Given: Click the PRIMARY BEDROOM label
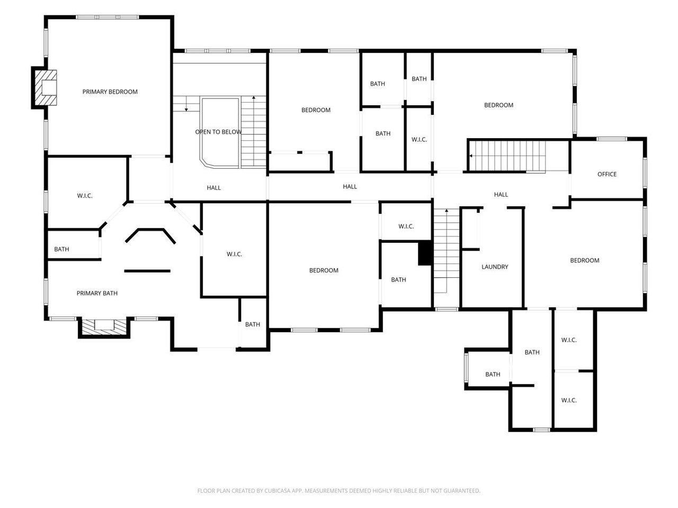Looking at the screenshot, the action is pyautogui.click(x=110, y=92).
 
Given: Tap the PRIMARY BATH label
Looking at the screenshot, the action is pyautogui.click(x=97, y=293).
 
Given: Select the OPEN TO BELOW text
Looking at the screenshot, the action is pyautogui.click(x=218, y=132).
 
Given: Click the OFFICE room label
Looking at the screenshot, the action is pyautogui.click(x=606, y=174).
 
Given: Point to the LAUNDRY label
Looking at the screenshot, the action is pyautogui.click(x=495, y=267).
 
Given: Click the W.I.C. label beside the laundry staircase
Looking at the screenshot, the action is pyautogui.click(x=406, y=226).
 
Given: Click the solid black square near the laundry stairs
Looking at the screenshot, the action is pyautogui.click(x=425, y=252).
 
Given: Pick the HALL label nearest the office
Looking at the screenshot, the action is pyautogui.click(x=501, y=195).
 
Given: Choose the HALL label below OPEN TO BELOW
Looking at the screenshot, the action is pyautogui.click(x=214, y=188).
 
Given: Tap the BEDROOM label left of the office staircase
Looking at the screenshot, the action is pyautogui.click(x=498, y=105).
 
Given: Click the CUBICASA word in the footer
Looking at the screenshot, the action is pyautogui.click(x=276, y=491).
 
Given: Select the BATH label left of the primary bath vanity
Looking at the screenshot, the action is pyautogui.click(x=61, y=249).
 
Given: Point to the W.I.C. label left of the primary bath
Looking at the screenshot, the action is pyautogui.click(x=85, y=196).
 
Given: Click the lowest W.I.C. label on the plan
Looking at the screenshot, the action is pyautogui.click(x=569, y=401).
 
